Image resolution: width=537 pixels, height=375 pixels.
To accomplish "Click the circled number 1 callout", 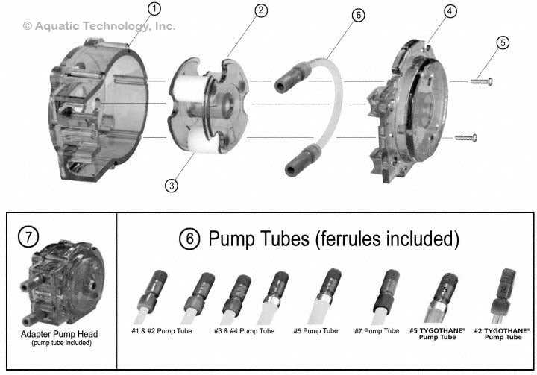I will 154,10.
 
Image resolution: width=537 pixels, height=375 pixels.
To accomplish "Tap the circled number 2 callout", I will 260,10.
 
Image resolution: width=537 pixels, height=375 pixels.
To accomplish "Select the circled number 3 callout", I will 172,186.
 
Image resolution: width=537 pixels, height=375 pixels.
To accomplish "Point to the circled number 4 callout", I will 450,11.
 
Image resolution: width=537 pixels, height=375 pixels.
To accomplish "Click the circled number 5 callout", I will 503,42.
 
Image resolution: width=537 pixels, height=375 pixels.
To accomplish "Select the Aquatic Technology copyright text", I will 99,26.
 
